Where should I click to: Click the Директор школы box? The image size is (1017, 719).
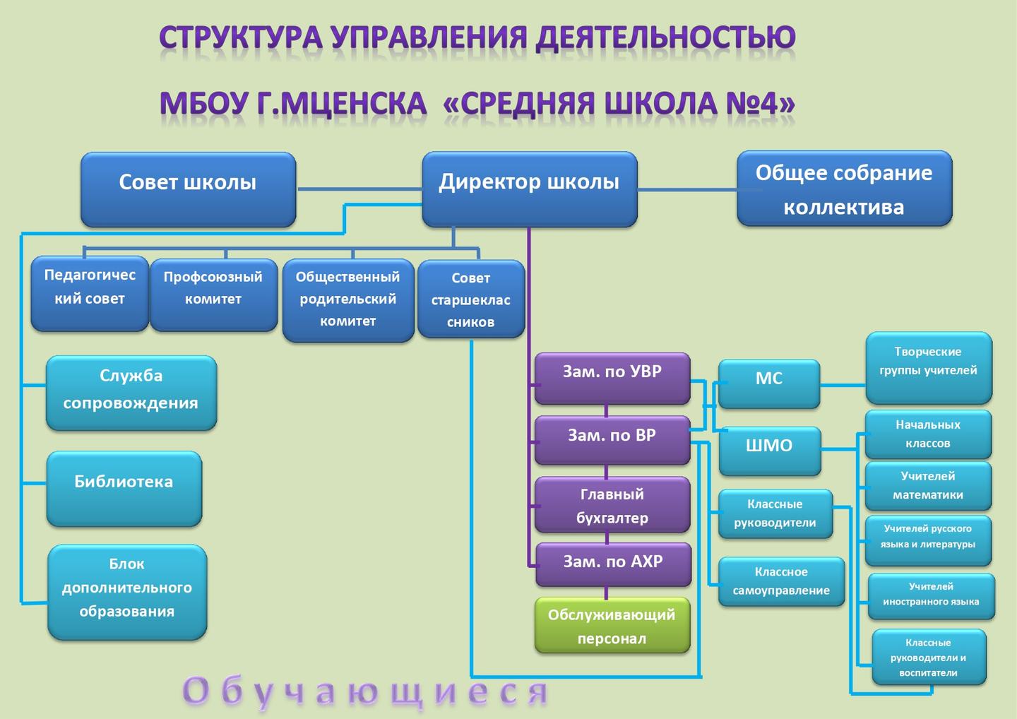pos(530,189)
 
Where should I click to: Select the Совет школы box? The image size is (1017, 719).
pos(189,189)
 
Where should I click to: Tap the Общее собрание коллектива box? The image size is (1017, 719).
pos(845,189)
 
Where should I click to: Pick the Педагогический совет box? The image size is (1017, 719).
pos(90,293)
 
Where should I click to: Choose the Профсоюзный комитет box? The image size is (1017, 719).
pos(213,295)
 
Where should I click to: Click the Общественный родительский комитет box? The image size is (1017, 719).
pos(348,300)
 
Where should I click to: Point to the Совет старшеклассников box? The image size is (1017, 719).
pos(471,299)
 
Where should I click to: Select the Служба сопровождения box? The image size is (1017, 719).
pos(131,393)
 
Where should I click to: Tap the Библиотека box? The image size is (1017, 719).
pos(124,489)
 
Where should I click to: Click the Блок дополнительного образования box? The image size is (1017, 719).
pos(127,593)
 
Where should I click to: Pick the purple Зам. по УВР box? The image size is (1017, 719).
pos(612,378)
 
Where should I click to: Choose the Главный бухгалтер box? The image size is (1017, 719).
pos(612,505)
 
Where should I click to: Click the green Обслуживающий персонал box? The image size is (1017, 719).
pos(612,625)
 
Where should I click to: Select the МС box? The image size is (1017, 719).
pos(769,384)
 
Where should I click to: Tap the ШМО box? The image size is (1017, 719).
pos(770,451)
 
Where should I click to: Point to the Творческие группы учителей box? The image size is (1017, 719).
pos(929,368)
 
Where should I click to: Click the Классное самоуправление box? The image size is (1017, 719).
pos(781,581)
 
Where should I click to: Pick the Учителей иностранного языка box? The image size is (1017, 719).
pos(932,596)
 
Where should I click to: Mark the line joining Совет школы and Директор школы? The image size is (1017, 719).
pos(359,189)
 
